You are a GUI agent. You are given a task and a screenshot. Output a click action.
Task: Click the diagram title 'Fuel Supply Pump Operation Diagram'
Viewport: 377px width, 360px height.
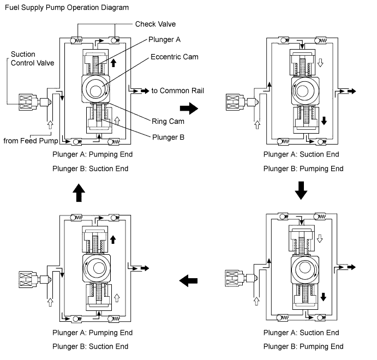(x=67, y=8)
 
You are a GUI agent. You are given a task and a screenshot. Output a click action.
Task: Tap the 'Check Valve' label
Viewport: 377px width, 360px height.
(x=155, y=24)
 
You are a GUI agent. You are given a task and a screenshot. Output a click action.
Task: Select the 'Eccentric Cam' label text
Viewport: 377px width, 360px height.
(x=174, y=57)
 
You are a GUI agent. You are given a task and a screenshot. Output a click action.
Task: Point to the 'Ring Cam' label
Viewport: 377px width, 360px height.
(x=168, y=121)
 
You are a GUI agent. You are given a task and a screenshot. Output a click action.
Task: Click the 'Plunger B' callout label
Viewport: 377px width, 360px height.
(x=168, y=137)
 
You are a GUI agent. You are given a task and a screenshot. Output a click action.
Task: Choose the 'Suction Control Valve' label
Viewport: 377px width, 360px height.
(x=32, y=58)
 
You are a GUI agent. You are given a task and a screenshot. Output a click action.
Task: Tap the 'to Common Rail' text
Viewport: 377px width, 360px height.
(x=177, y=91)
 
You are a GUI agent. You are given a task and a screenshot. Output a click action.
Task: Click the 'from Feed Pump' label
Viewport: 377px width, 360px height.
(x=31, y=141)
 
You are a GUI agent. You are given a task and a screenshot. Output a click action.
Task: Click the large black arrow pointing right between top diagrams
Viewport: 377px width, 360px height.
(x=189, y=109)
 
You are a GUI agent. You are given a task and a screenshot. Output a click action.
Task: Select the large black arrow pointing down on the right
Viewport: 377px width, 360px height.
(x=301, y=190)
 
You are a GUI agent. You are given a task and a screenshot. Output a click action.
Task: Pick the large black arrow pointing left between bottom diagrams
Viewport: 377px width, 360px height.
(x=188, y=280)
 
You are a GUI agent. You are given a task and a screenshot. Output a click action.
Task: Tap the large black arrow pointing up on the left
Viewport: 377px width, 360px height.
(x=79, y=193)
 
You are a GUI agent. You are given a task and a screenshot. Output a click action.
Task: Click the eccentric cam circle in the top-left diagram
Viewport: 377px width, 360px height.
(x=95, y=89)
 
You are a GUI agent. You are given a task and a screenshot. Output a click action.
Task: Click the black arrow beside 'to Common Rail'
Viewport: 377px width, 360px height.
(x=145, y=91)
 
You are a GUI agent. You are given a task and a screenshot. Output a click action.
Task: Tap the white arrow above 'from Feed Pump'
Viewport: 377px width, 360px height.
(x=50, y=125)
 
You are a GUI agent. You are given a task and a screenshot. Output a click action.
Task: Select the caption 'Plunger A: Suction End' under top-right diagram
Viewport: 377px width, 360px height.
(x=301, y=154)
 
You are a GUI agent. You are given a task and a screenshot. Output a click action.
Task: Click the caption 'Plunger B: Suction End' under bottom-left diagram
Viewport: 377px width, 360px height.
(x=90, y=346)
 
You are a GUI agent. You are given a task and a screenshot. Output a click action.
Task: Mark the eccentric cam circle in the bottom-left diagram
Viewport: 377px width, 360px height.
(x=96, y=268)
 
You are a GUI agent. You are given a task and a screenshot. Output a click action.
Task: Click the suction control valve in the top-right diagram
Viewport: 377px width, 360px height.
(x=242, y=102)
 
